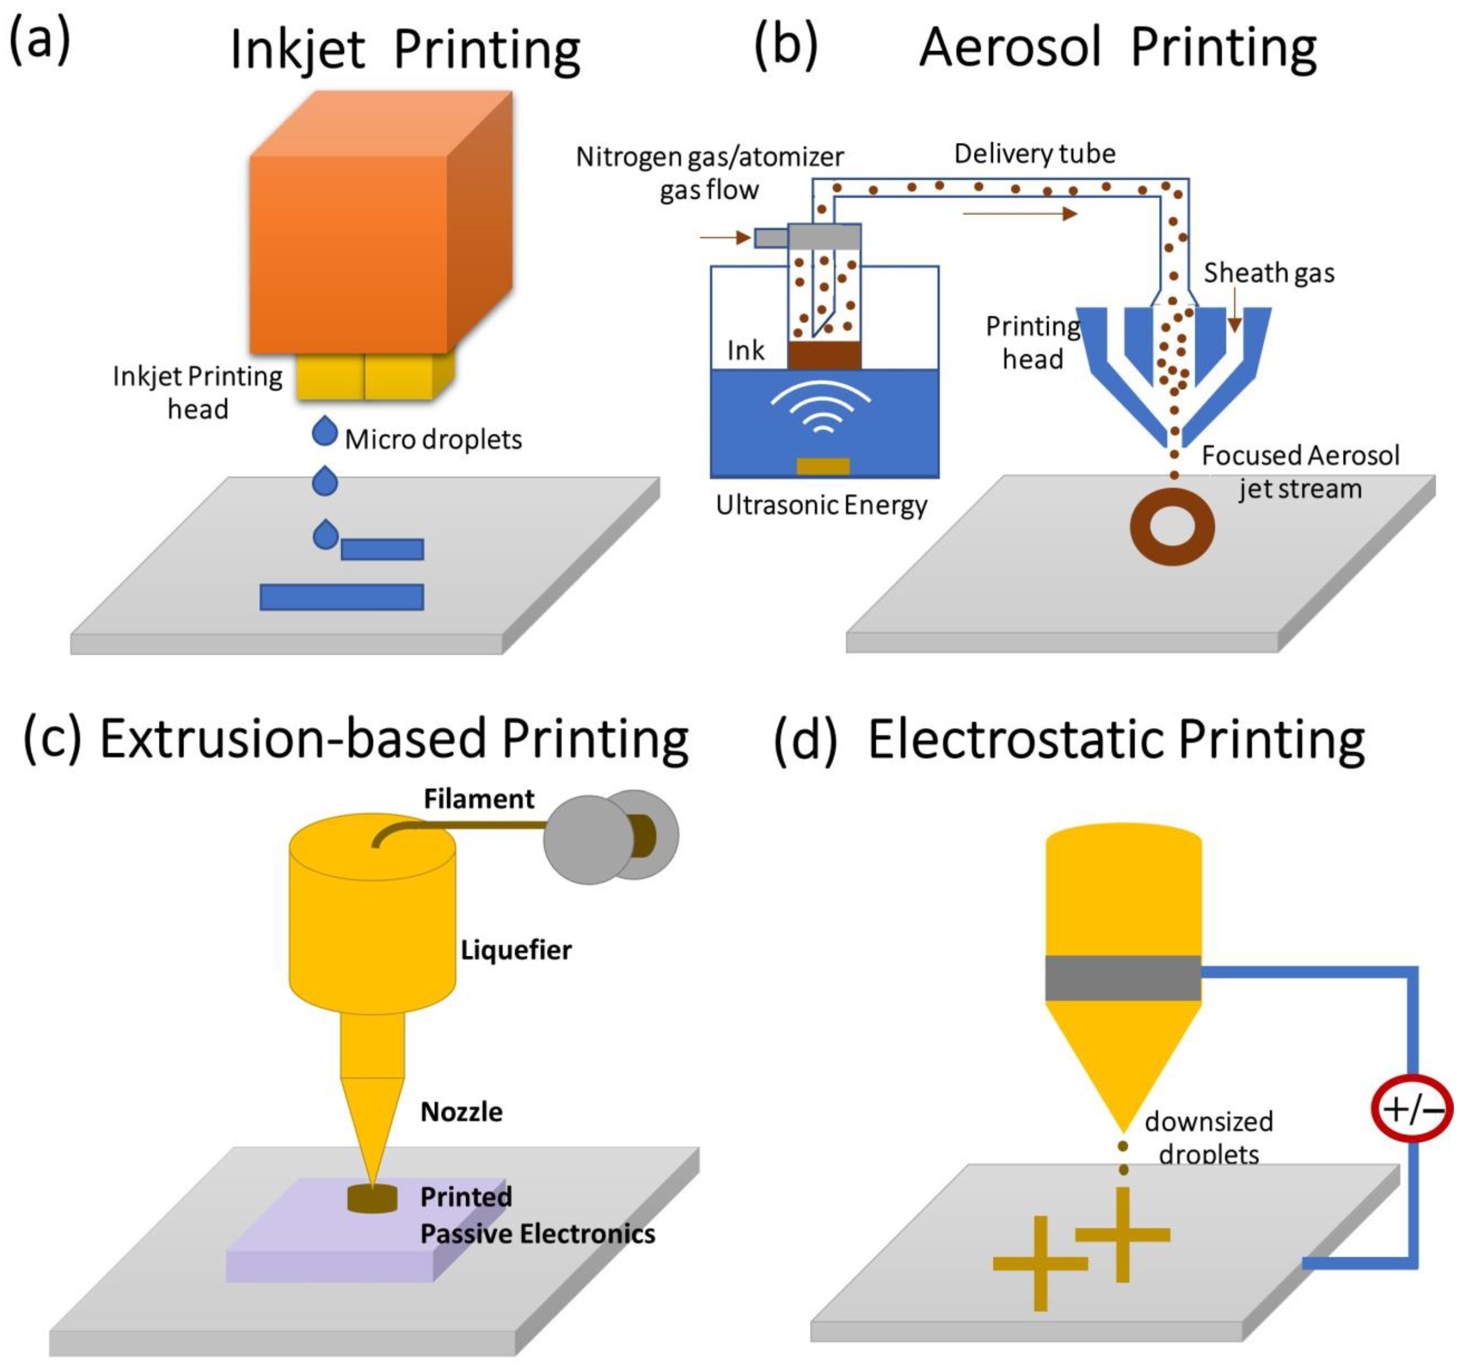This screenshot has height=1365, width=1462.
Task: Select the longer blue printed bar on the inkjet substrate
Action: click(x=342, y=597)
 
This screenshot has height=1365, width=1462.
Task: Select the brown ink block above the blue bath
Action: click(x=823, y=355)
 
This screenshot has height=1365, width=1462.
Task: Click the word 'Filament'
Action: click(x=479, y=799)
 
